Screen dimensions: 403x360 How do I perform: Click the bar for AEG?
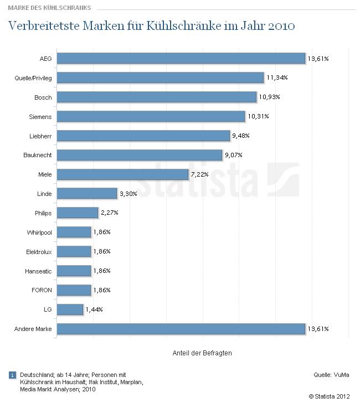tap(181, 58)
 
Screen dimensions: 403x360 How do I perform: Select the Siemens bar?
tap(151, 116)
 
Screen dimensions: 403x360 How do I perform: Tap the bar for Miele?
tap(122, 174)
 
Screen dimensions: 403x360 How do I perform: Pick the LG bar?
tap(70, 309)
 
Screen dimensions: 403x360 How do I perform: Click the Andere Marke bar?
tap(181, 329)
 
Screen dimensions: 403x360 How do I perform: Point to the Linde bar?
tap(87, 194)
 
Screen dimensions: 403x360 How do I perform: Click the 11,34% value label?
tap(277, 77)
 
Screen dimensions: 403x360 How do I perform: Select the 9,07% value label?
tap(233, 155)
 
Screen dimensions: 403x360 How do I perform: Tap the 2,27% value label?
tap(109, 213)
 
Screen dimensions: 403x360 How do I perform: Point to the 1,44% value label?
tap(94, 309)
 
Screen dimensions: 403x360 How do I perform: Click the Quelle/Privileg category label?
tap(33, 78)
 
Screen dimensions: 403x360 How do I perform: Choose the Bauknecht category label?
tap(39, 156)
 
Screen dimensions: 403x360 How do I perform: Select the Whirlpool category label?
tap(39, 232)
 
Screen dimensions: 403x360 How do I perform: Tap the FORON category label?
tap(42, 290)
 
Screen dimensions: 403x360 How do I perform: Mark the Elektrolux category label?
tap(39, 252)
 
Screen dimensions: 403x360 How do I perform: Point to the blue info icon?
tap(12, 375)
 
